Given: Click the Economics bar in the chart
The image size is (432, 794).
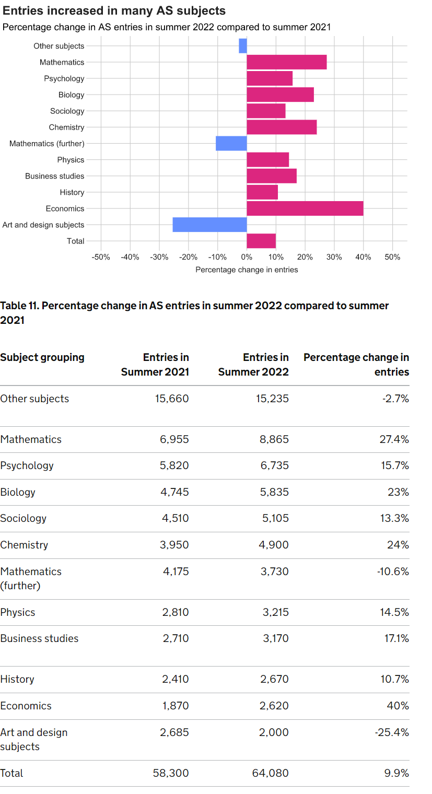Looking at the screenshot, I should click(305, 208).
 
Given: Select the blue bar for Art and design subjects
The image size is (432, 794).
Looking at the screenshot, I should click(209, 225).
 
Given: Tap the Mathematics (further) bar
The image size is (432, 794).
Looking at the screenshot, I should click(231, 143).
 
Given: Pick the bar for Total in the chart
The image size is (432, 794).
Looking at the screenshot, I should click(261, 241).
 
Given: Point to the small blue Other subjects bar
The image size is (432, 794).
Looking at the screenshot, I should click(243, 46).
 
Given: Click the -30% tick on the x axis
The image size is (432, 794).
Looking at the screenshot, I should click(159, 257).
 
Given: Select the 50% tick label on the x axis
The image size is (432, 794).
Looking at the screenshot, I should click(392, 257).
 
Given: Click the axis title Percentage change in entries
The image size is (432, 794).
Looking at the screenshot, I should click(247, 270).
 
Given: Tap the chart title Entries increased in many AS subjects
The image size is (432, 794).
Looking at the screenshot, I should click(114, 10).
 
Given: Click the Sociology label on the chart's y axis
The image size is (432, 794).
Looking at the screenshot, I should click(67, 111).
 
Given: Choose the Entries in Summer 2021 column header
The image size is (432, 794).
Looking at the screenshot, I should click(155, 365).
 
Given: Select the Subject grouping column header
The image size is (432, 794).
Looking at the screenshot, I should click(42, 357).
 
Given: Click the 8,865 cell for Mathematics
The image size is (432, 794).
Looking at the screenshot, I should click(274, 439).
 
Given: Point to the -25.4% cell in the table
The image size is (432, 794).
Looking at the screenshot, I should click(392, 732).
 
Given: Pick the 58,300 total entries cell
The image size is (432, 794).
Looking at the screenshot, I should click(171, 773).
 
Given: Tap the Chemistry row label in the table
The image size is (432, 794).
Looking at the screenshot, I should click(24, 545).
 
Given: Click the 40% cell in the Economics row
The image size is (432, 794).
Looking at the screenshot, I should click(398, 706).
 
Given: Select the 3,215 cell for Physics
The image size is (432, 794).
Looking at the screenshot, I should click(275, 612).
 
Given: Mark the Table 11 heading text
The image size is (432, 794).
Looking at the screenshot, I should click(194, 312).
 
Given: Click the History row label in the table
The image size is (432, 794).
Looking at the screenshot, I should click(17, 679).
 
